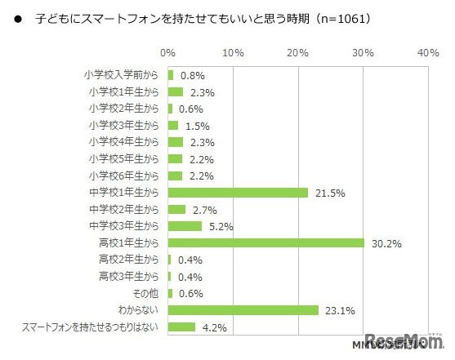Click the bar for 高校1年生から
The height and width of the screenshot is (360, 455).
pos(265,242)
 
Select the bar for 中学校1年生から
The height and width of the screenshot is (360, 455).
pos(238,192)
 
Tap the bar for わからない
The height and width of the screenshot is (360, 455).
pos(243,309)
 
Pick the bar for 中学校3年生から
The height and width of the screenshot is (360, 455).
pos(185,226)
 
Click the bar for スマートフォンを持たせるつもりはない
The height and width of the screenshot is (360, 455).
pos(181,327)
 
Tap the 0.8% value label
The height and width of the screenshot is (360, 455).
pos(192,75)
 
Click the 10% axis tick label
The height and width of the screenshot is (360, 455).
pos(233,52)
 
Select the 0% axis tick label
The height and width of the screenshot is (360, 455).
pos(167,52)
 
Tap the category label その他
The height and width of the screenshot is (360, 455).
pos(146,293)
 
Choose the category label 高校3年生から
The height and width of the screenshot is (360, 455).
pos(129,276)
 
